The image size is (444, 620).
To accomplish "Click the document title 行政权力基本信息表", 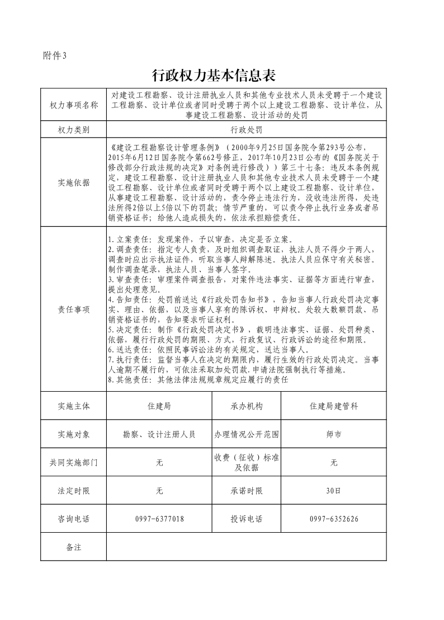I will (x=222, y=75).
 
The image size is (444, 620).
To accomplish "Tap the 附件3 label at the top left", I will (x=54, y=55).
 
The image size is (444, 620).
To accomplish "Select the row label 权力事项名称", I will (x=74, y=105).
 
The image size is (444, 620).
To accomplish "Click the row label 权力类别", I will (x=74, y=129).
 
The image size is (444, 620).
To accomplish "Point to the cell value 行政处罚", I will (x=246, y=129).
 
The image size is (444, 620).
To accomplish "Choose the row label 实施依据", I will (x=74, y=182).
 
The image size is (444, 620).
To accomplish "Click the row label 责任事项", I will (x=74, y=309).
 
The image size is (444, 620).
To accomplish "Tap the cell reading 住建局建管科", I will (x=333, y=406).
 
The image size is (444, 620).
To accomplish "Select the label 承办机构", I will (x=246, y=406).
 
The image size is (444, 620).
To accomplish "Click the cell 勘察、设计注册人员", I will (x=159, y=434).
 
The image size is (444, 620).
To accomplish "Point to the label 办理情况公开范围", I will (x=246, y=434).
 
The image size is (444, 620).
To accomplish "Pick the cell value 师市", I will (x=333, y=434).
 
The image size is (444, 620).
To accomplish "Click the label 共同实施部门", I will (x=74, y=462).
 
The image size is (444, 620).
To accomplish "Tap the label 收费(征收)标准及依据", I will (x=246, y=462).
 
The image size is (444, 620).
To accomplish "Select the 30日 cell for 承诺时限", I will (x=333, y=491).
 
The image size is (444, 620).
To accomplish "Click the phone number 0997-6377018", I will (x=159, y=519).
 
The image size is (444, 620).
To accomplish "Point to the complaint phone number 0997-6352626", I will (x=333, y=519).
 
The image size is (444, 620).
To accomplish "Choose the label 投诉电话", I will (x=246, y=519).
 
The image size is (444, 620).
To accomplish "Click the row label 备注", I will (x=74, y=547).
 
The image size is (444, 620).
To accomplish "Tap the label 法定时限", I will (x=74, y=491).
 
